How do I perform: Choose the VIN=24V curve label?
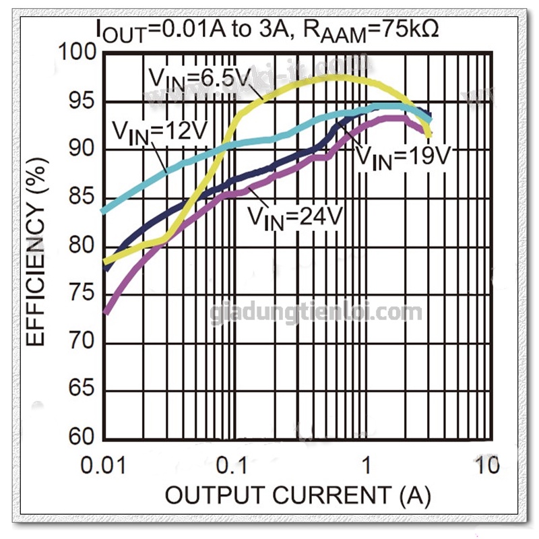pos(295,217)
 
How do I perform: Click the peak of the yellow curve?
pos(337,76)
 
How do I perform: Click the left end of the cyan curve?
pos(102,211)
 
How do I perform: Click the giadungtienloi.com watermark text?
pos(317,313)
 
